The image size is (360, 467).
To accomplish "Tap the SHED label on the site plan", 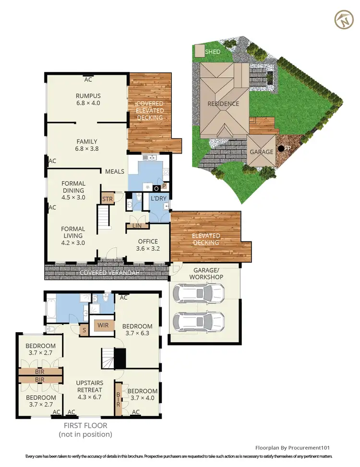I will pyautogui.click(x=213, y=51).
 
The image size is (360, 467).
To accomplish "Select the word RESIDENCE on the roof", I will pyautogui.click(x=223, y=104).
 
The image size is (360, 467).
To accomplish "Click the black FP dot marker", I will pyautogui.click(x=281, y=148).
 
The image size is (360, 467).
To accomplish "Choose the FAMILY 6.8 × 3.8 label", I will pyautogui.click(x=87, y=145).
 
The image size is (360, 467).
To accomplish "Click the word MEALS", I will pyautogui.click(x=115, y=171).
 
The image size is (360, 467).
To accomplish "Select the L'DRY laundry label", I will pyautogui.click(x=158, y=198).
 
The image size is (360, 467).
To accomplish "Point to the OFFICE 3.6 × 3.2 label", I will pyautogui.click(x=148, y=245).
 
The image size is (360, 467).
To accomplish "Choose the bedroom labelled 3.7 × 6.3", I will pyautogui.click(x=137, y=330).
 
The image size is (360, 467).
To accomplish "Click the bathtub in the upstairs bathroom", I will pyautogui.click(x=52, y=308).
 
